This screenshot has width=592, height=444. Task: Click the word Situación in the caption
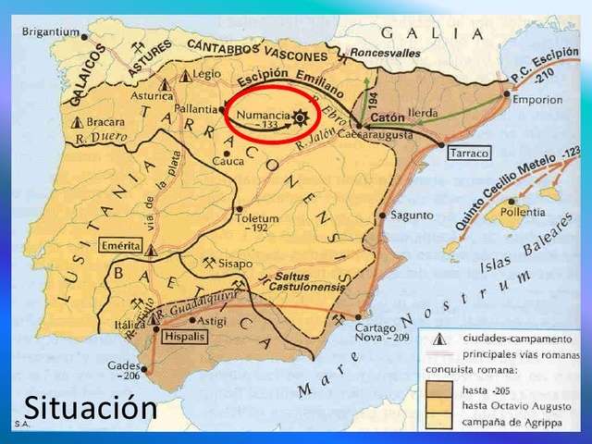coord(90,407)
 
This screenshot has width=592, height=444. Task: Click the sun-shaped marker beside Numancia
coord(299,117)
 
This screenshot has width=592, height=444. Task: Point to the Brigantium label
coord(51,31)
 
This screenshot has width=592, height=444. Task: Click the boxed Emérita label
coord(122,245)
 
